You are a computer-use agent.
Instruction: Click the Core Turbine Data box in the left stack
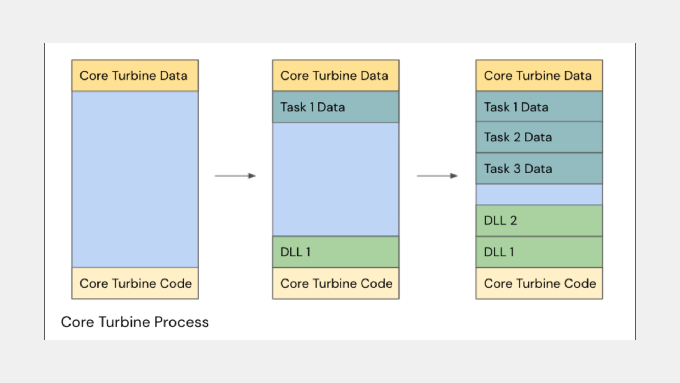(x=135, y=76)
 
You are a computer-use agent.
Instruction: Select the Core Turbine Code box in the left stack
(x=135, y=283)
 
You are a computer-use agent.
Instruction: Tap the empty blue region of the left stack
(x=135, y=179)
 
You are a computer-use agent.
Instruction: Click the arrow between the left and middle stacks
(x=235, y=176)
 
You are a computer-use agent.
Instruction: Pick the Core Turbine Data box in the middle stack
(x=335, y=76)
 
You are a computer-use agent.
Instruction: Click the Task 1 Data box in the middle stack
(x=335, y=107)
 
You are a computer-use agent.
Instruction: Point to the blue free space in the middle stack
(x=335, y=179)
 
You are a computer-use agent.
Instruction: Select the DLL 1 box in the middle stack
(x=335, y=252)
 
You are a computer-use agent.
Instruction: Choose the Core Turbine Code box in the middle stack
(x=335, y=283)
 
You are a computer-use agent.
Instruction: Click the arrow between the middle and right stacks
(x=437, y=176)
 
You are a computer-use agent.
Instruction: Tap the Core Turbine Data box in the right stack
(x=539, y=76)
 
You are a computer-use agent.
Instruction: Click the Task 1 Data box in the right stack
(x=539, y=106)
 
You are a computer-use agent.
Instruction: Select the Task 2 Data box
(x=539, y=137)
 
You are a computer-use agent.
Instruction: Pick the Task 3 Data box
(x=539, y=168)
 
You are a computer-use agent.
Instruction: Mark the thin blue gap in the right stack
(x=539, y=195)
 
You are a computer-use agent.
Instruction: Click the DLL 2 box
(x=539, y=221)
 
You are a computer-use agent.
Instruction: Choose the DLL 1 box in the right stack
(x=539, y=252)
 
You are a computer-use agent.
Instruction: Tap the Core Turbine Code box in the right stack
(x=539, y=283)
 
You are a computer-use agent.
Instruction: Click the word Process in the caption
(x=181, y=322)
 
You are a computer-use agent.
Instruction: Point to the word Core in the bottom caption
(x=78, y=322)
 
